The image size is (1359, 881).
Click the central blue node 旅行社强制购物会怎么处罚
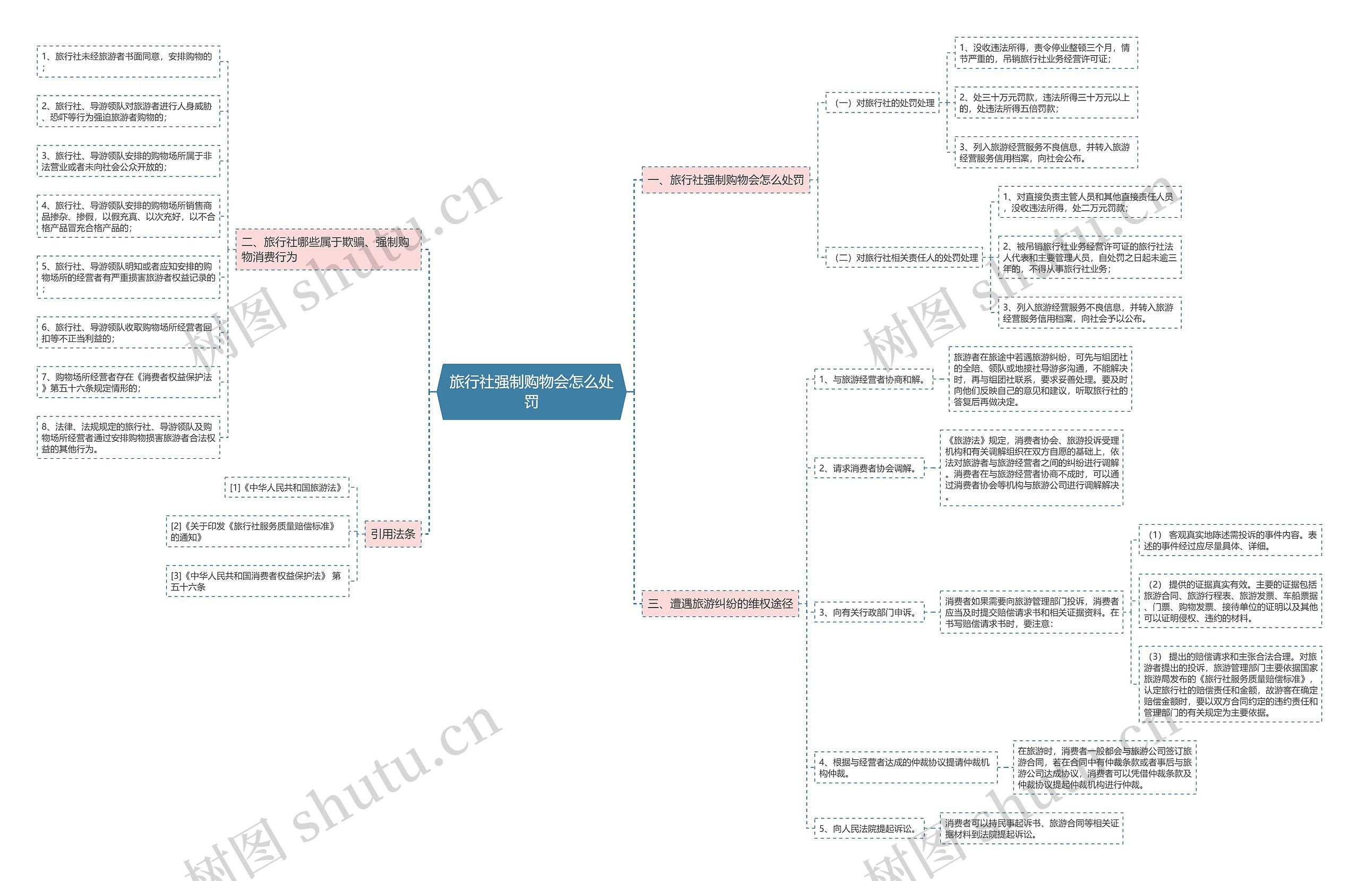pos(531,391)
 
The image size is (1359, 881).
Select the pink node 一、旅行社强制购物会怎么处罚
pos(725,180)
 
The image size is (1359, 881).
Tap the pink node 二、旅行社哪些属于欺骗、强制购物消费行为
pos(328,249)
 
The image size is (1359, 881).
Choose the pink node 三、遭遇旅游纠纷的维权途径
pos(720,603)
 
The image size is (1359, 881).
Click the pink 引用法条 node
pos(393,534)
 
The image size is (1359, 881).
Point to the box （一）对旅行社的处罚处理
pos(882,103)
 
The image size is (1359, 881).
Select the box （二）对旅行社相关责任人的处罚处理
pos(904,258)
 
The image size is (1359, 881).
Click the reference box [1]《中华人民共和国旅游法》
pos(286,487)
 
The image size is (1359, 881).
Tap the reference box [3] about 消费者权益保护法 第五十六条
pos(257,581)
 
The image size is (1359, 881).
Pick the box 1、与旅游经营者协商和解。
pos(873,379)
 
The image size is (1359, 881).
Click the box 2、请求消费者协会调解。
pos(869,468)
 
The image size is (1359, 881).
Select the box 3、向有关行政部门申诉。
pos(869,612)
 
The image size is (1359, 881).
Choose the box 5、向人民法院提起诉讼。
pos(869,828)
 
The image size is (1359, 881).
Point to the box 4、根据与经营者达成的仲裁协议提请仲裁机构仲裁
pos(906,767)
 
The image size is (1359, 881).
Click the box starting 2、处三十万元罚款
pos(1046,103)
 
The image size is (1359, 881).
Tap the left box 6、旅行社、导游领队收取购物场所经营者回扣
pos(128,332)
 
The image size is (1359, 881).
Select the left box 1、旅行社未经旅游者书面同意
pos(128,62)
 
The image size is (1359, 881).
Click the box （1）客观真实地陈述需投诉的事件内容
pos(1230,540)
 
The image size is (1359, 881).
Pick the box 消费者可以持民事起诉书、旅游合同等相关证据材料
pos(1031,828)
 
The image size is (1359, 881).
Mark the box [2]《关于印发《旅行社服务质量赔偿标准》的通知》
pos(257,532)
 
